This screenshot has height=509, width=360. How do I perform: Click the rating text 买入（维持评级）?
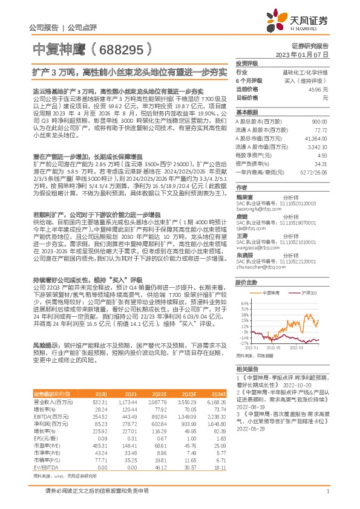306,80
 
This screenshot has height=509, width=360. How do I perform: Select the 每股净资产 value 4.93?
321,155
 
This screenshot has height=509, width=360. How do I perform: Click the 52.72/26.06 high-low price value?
313,172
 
